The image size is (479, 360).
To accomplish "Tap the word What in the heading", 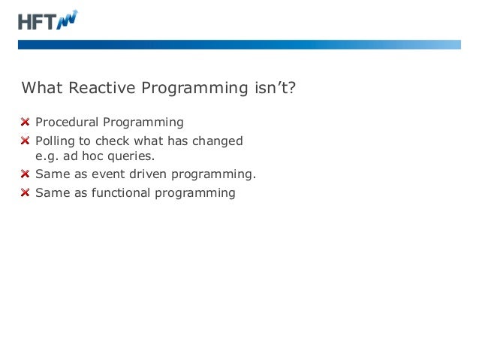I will tap(41, 89).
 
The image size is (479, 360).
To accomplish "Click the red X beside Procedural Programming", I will tap(26, 123).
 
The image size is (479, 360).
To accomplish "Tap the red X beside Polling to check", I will tap(26, 141).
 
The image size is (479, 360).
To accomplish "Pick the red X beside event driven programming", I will tap(26, 175).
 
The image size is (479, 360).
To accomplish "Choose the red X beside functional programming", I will tap(26, 193).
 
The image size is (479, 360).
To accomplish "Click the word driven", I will tap(148, 175).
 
